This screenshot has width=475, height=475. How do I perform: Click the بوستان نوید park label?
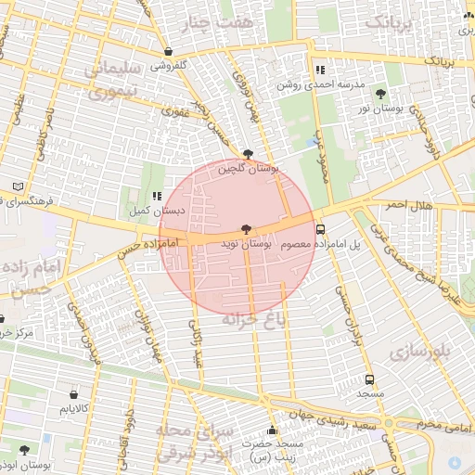click(x=246, y=244)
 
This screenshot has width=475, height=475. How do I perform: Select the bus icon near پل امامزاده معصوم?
click(x=320, y=229)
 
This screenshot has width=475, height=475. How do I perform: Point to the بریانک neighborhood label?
click(x=391, y=21)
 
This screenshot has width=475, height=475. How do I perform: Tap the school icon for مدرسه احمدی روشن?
click(x=320, y=70)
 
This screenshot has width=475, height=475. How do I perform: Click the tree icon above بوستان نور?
click(x=381, y=93)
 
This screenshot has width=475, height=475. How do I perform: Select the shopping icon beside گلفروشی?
click(x=167, y=52)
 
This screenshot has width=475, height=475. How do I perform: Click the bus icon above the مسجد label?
click(x=370, y=379)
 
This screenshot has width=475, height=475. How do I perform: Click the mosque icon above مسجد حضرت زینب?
click(x=272, y=430)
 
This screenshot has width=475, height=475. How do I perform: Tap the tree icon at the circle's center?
click(x=246, y=228)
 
